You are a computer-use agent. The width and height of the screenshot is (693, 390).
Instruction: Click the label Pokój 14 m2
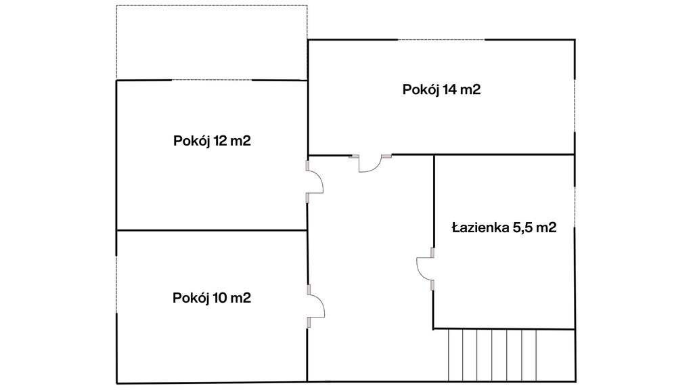[441, 90]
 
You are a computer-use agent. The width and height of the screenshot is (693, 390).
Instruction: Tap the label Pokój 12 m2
[212, 141]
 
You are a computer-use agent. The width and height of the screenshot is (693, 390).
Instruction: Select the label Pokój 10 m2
[212, 298]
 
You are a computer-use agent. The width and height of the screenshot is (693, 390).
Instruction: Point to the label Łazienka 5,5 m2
[504, 227]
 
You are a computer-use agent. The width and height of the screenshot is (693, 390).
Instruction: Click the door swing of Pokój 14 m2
[376, 168]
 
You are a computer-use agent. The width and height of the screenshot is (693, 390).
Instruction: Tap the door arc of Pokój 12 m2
[320, 179]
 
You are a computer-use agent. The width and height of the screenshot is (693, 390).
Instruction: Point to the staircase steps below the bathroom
[493, 355]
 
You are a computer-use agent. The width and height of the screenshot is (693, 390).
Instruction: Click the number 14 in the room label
[449, 90]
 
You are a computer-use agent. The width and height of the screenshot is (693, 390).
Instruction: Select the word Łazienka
[480, 227]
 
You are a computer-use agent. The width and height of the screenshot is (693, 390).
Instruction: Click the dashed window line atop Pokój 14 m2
[441, 40]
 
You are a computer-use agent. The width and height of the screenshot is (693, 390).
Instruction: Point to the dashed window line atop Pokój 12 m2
[212, 80]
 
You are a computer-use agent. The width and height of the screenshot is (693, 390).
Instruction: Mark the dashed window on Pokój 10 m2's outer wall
[116, 284]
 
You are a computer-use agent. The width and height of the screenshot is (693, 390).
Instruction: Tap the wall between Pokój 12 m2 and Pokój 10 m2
[212, 230]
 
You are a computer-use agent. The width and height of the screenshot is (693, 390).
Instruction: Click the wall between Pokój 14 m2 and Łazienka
[504, 155]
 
